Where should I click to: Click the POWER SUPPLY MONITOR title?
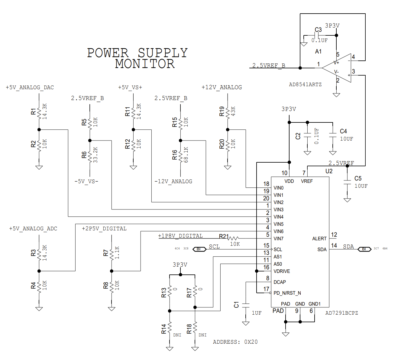tap(138, 58)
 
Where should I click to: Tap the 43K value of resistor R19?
tap(233, 111)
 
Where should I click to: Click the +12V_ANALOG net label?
tap(222, 87)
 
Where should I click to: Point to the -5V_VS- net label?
tap(86, 181)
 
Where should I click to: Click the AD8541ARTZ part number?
tap(305, 85)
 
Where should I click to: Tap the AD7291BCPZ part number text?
tap(341, 313)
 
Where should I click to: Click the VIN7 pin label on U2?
tap(278, 239)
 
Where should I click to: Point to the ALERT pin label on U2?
tap(319, 239)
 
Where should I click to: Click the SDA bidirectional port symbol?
tap(364, 249)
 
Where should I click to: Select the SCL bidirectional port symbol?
tap(199, 249)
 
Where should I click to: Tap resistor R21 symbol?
tap(234, 238)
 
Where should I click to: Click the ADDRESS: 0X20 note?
tap(235, 342)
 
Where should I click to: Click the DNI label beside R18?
tap(202, 335)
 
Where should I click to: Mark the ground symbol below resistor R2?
tap(39, 167)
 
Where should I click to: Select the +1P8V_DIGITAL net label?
tap(180, 236)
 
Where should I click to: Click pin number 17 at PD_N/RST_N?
tap(266, 289)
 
